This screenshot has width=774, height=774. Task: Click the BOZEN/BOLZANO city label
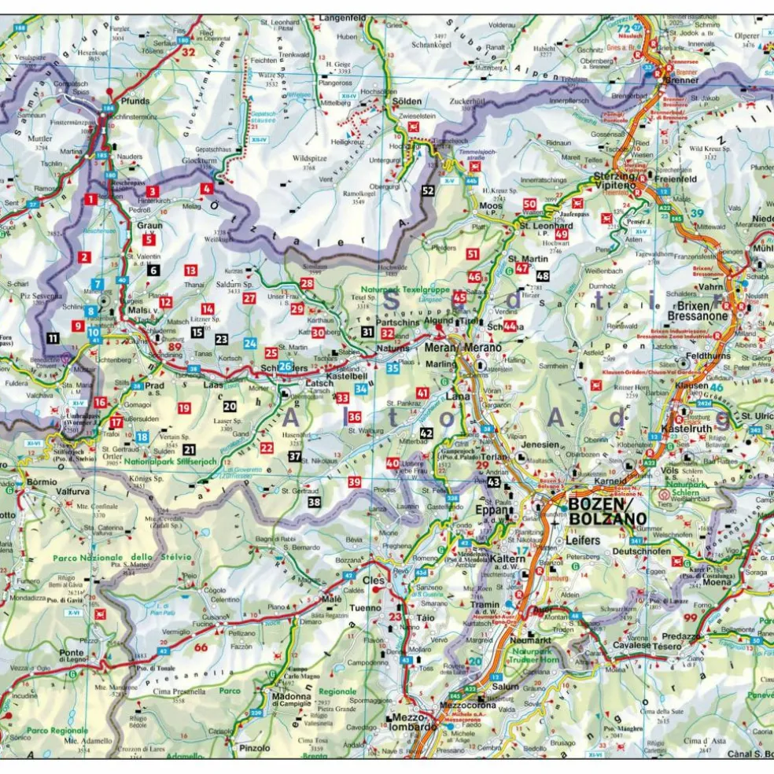tap(606, 511)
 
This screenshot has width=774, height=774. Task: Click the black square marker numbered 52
tap(428, 190)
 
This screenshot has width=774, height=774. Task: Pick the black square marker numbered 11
tap(52, 338)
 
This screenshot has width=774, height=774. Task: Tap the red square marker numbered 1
tap(92, 200)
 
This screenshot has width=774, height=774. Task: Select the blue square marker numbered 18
tap(142, 437)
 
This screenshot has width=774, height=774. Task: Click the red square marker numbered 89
tap(175, 348)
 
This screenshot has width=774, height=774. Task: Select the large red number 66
tap(201, 648)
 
